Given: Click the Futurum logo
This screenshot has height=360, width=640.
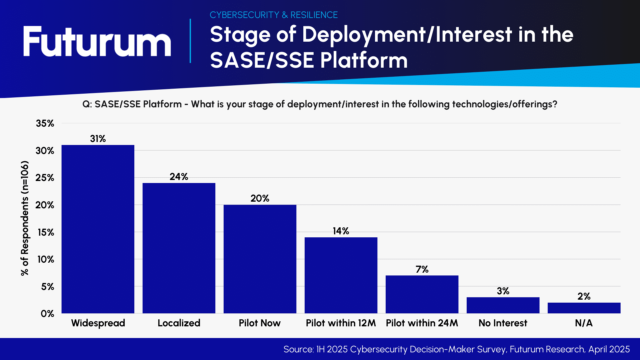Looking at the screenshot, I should pos(97,42).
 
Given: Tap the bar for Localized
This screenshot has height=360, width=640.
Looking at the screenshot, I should pos(179,248).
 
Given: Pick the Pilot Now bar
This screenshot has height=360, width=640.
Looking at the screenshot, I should pos(260,259).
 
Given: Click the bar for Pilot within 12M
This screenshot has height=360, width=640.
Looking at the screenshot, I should pos(341,275).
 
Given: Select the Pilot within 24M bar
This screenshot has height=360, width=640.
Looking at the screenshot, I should pos(422,294).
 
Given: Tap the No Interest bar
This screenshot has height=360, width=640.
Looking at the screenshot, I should pos(503,305).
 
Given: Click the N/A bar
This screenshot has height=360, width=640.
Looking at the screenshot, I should pos(584,308).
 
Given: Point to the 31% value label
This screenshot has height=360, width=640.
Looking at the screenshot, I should pos(98,139).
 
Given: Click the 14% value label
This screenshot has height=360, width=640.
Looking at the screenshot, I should pos(341,231).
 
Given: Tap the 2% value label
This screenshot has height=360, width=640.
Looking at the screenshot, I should pos(584,296).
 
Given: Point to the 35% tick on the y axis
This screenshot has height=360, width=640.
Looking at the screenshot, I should pos(45,123).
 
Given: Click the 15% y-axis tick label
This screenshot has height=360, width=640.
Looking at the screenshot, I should pos(46,232).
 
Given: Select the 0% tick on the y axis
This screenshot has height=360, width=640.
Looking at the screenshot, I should pos(47,314).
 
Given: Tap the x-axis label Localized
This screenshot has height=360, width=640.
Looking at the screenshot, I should pos(179,323).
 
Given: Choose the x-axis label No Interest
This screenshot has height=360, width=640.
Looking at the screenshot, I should pos(503,323).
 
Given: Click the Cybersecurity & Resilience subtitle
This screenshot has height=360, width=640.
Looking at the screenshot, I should pos(274,15).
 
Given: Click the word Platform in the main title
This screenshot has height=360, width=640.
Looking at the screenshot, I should pos(364,60).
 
